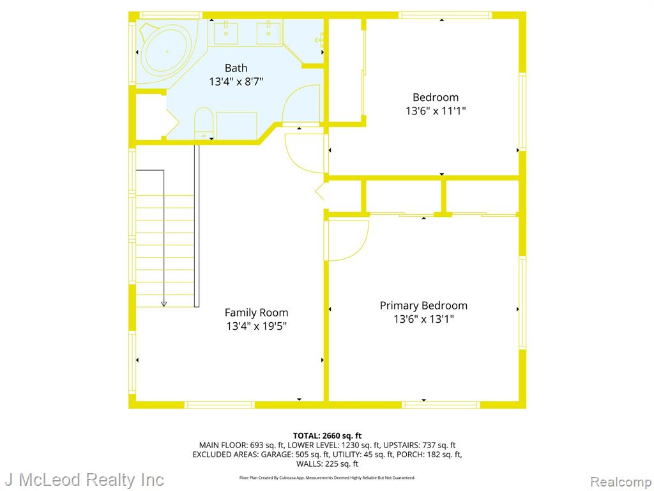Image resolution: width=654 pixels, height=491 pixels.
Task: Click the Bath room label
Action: (x=236, y=68)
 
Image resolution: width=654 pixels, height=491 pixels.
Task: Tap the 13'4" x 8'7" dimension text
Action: (x=236, y=81)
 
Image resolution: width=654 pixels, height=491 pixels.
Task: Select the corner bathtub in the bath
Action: (x=167, y=52)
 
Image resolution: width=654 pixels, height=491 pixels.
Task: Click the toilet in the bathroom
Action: (x=204, y=123)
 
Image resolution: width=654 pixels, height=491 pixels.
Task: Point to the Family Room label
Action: (x=256, y=313)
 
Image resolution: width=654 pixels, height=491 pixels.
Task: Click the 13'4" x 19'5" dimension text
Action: (x=256, y=326)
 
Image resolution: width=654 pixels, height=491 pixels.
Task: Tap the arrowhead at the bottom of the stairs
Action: (x=163, y=304)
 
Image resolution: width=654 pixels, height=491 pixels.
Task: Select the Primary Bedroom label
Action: (x=423, y=306)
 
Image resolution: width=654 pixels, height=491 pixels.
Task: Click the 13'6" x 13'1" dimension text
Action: (x=423, y=320)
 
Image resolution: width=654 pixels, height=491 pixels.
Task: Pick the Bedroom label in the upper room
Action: (x=436, y=97)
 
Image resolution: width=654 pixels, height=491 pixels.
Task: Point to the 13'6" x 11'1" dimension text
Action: (x=436, y=111)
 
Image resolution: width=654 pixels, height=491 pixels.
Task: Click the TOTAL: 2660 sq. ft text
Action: (x=327, y=436)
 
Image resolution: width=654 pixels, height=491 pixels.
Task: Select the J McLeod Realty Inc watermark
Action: (x=84, y=480)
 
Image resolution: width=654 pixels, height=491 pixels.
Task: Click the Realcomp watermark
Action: (x=621, y=482)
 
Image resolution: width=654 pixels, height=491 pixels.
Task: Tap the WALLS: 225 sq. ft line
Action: (x=327, y=464)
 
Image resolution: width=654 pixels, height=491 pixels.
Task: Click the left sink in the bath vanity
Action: (x=225, y=33)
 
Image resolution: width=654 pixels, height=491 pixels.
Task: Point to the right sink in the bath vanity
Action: (x=268, y=33)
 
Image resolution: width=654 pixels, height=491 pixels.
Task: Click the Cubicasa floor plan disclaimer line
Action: (x=327, y=478)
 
